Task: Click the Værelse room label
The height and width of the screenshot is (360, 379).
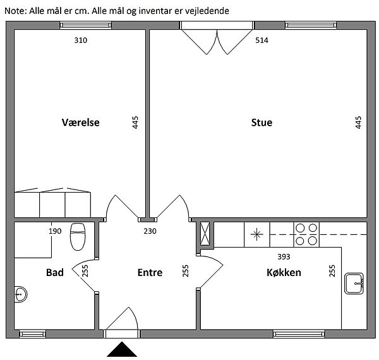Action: (80, 123)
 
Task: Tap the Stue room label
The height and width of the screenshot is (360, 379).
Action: (262, 123)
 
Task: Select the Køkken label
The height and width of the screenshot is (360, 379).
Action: (284, 273)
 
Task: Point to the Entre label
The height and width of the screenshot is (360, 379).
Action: (150, 273)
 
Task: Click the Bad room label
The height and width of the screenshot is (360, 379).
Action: (55, 273)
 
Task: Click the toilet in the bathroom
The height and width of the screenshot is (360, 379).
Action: (78, 237)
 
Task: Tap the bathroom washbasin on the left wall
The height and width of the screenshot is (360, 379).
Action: (20, 294)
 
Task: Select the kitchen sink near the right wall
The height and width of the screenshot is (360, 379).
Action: (354, 284)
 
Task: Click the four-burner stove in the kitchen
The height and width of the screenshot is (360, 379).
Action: (306, 234)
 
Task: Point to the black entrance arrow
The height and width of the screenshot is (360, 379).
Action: (122, 349)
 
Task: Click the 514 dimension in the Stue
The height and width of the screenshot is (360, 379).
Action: (262, 40)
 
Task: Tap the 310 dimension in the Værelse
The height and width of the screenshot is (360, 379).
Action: (81, 40)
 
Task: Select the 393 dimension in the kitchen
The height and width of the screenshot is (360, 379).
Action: (284, 256)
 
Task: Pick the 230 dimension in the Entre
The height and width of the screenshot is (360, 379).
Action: (150, 231)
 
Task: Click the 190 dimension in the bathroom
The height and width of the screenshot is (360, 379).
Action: (55, 231)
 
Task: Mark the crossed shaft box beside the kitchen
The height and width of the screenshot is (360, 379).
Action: (205, 234)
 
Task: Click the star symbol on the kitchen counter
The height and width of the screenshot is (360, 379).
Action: (256, 234)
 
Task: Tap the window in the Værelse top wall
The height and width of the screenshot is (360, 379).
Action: (85, 25)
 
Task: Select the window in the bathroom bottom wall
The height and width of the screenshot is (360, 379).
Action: (32, 334)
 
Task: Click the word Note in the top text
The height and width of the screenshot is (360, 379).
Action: (15, 11)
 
